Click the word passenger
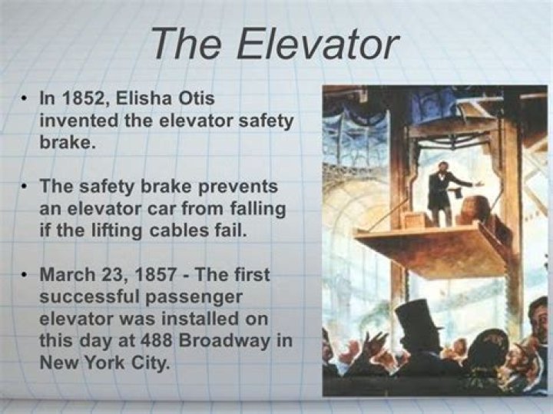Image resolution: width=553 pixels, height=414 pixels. (x=187, y=296)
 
